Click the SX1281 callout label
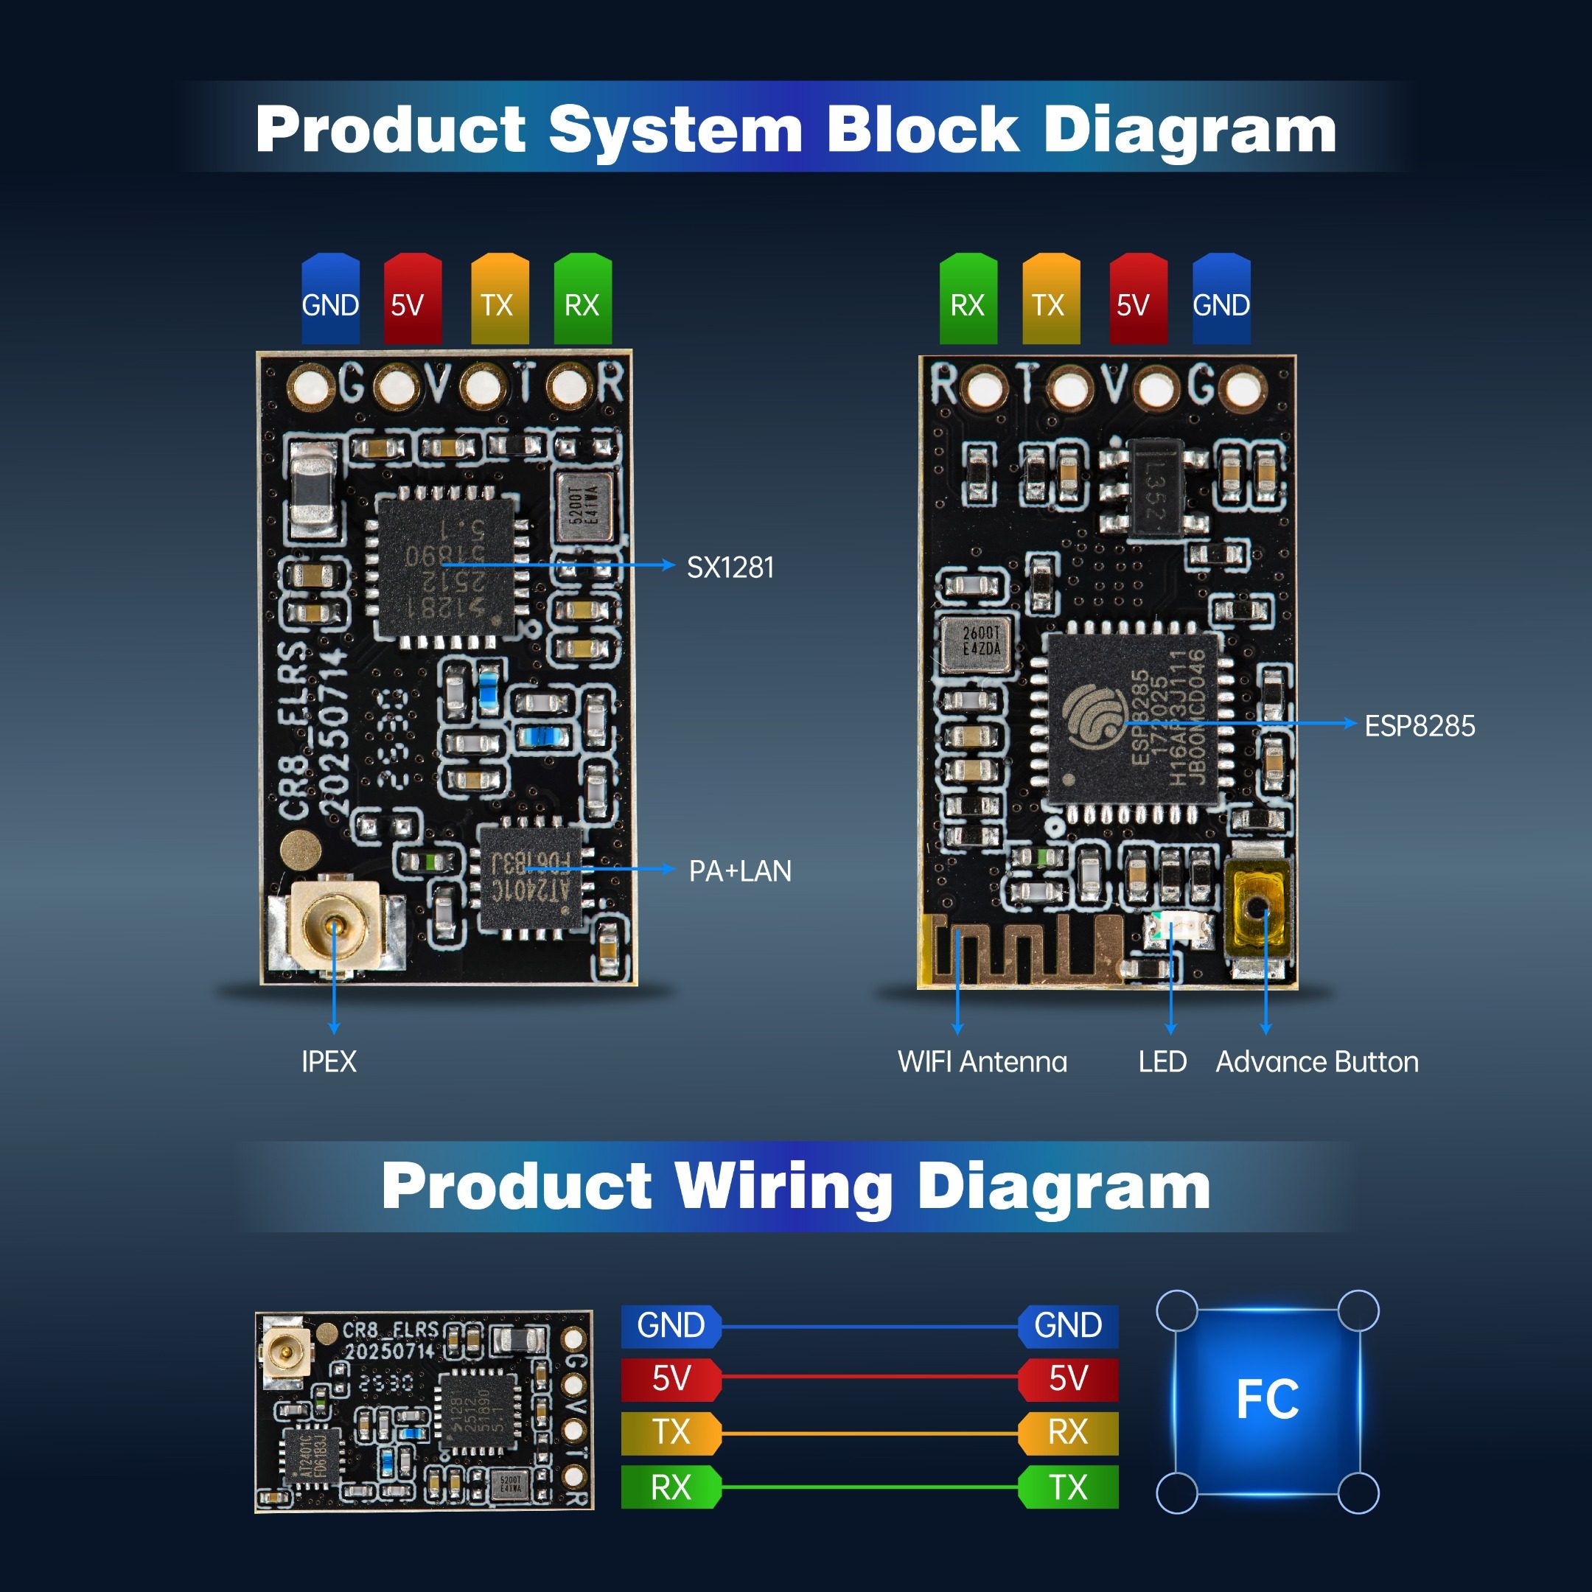pos(730,568)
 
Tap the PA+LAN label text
pos(739,871)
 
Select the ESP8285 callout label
pos(1419,726)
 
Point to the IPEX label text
pos(329,1061)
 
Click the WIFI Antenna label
pos(982,1061)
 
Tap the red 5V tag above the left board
pos(413,300)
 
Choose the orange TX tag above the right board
pos(1050,300)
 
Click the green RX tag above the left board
pos(582,300)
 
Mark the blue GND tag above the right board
pos(1221,300)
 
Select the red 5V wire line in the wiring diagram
pos(870,1376)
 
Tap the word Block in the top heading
pos(923,130)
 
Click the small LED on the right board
pos(1179,931)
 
